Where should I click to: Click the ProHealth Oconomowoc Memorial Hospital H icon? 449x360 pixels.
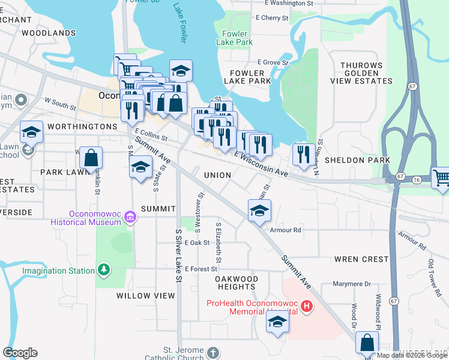(x=307, y=307)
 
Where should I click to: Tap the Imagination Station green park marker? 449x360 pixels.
(x=104, y=269)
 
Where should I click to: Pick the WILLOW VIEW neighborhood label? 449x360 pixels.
(x=146, y=296)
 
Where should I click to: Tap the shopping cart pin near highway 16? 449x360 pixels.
(x=441, y=178)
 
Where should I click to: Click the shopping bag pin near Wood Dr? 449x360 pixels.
(x=367, y=343)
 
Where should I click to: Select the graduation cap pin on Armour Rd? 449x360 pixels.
(x=259, y=211)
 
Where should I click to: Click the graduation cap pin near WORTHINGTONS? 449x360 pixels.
(x=31, y=131)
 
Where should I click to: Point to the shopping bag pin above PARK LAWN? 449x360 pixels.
(x=91, y=158)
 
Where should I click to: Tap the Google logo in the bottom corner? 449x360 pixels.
(x=20, y=353)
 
